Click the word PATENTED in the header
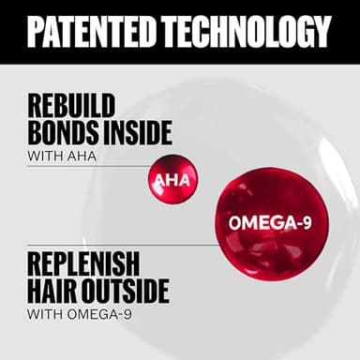[x=90, y=32]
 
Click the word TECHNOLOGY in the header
[x=247, y=32]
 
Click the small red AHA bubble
[x=172, y=177]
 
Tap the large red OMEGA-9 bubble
[x=269, y=222]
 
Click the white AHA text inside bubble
[x=172, y=178]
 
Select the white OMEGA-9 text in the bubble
[x=269, y=223]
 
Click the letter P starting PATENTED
[x=34, y=32]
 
